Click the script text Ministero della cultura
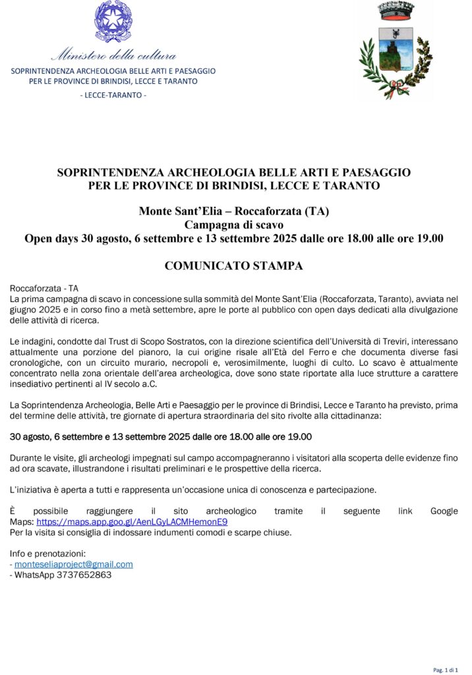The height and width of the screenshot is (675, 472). [x=113, y=55]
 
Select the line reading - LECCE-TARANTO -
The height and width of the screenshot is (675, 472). [x=113, y=95]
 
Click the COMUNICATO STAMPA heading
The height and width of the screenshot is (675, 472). [x=233, y=266]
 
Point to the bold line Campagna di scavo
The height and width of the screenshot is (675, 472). [x=233, y=225]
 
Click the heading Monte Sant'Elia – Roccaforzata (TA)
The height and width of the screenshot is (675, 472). [x=233, y=212]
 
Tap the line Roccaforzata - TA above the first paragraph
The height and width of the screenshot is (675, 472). [x=44, y=289]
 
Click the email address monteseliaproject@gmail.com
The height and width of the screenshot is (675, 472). [x=74, y=564]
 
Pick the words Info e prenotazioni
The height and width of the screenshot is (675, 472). [x=48, y=554]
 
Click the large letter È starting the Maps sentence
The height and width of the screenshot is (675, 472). [x=14, y=511]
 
